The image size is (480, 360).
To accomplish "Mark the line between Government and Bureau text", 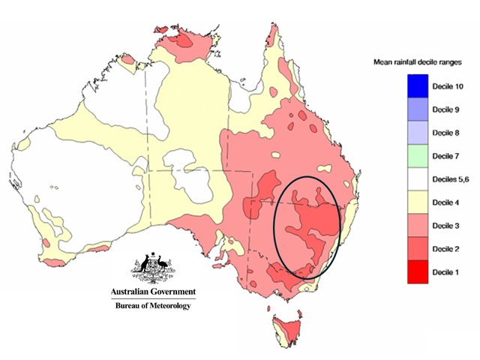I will click(153, 298).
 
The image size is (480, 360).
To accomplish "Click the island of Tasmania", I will click(286, 329).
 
